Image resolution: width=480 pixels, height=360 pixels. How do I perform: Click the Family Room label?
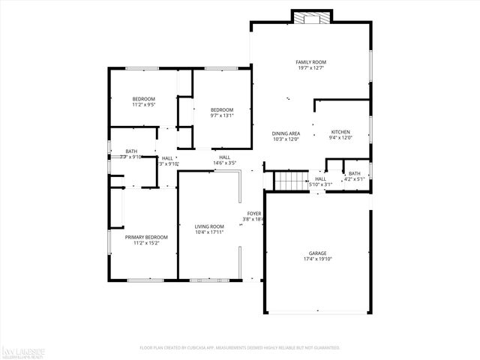310,62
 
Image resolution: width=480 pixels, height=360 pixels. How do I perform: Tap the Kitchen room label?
340,132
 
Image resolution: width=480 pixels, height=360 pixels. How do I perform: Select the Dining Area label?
286,133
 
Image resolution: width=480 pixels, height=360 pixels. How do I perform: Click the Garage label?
318,253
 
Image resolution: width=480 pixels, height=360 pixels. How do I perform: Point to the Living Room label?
209,226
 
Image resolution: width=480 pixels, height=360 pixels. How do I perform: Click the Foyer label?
254,214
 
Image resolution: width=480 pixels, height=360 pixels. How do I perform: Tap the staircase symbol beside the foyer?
289,181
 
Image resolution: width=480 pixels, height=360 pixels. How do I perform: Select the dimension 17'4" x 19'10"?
318,260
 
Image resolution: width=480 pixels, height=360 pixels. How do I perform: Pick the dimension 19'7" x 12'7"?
310,69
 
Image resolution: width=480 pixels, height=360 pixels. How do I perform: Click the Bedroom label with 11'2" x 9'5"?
143,99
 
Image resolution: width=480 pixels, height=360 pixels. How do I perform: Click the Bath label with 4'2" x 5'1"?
354,173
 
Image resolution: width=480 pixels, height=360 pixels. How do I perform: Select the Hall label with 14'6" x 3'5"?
224,157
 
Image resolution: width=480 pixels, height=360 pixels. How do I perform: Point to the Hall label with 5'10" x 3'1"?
320,178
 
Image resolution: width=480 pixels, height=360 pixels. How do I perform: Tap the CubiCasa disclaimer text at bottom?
240,348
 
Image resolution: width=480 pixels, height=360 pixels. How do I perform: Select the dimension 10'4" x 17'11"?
209,232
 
